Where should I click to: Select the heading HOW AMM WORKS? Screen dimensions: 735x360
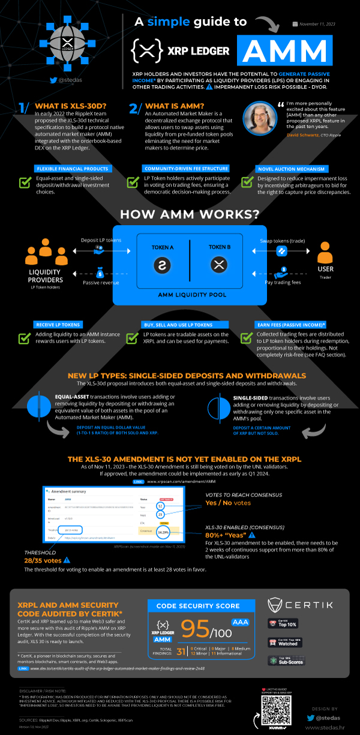coord(180,214)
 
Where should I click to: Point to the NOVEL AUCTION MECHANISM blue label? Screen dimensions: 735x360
coord(281,169)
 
